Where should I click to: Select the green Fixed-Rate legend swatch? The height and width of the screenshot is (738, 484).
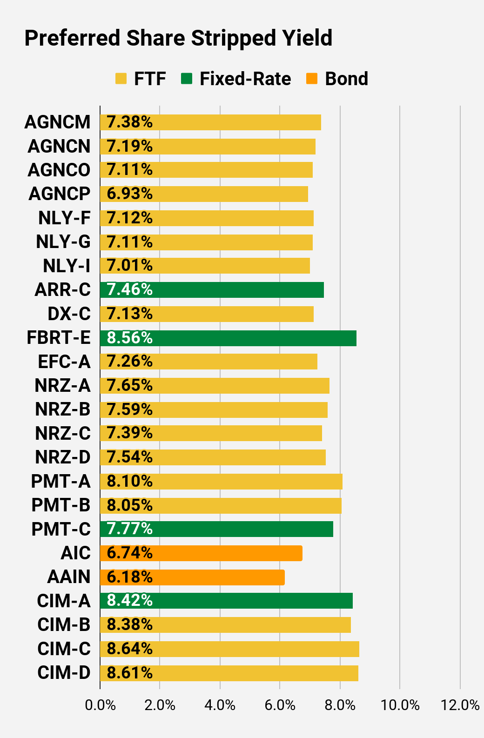[x=187, y=79]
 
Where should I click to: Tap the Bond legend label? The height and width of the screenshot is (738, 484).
[x=346, y=79]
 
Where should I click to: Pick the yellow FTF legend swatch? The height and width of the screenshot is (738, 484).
[x=121, y=79]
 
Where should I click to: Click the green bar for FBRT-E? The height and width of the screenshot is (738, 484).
[x=228, y=338]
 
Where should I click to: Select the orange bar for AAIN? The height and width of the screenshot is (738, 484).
[x=192, y=577]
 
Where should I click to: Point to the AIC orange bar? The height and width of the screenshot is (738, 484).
[x=202, y=553]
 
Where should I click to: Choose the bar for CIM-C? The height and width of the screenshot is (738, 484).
[x=229, y=649]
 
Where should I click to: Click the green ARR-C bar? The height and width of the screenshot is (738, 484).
[x=212, y=290]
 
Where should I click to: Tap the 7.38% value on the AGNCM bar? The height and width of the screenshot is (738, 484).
[x=129, y=122]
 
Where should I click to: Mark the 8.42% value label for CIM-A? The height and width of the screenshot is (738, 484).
[x=129, y=601]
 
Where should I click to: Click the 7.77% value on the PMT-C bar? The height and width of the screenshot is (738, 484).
[x=129, y=529]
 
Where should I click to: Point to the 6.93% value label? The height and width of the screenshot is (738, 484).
[x=129, y=194]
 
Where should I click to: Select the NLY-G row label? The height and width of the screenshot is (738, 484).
[x=63, y=242]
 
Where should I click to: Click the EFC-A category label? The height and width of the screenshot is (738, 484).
[x=64, y=362]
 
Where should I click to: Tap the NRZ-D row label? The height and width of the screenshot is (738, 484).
[x=63, y=457]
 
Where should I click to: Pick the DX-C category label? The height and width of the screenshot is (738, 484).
[x=69, y=314]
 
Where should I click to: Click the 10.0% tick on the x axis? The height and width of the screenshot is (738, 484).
[x=400, y=705]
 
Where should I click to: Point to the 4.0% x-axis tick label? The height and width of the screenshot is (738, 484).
[x=220, y=705]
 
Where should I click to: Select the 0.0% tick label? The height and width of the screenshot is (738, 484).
[x=100, y=705]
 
